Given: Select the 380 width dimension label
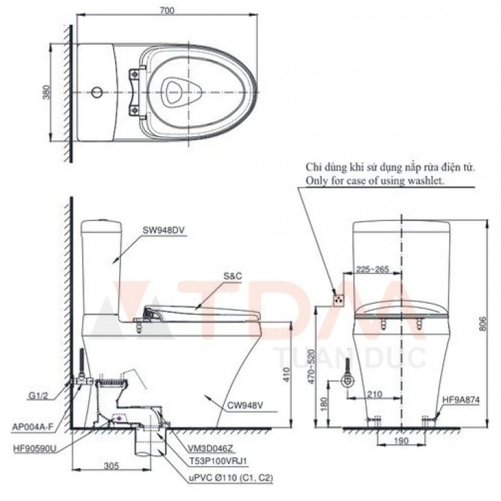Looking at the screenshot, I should (x=46, y=92).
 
